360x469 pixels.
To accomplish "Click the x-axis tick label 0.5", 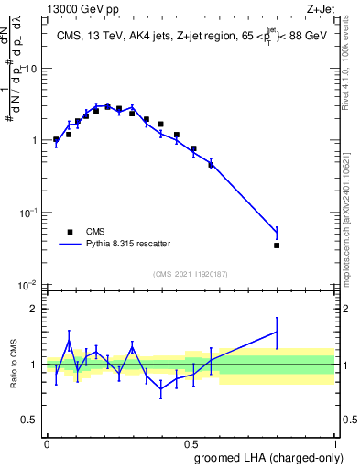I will [x=191, y=442].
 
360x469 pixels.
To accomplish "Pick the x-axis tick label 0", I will [x=47, y=442].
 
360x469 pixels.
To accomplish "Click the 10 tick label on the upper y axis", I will [x=30, y=69].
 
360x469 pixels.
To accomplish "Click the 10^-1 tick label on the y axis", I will [x=27, y=212].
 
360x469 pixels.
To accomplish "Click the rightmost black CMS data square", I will [x=277, y=245].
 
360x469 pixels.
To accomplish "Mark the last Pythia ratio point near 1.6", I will [x=277, y=332].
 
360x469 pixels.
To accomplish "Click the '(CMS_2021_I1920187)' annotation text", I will [x=191, y=274].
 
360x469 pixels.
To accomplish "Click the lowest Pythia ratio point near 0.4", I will [x=162, y=388].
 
